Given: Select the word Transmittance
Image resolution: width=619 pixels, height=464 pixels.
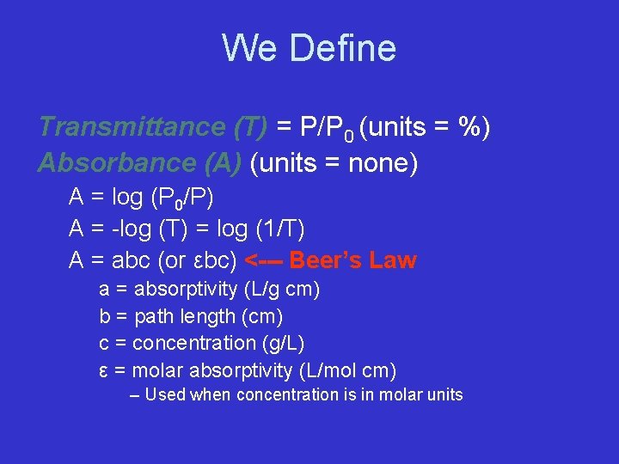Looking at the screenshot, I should coord(131,127).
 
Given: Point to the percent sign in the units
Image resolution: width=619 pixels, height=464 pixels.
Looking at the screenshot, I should coord(469,127).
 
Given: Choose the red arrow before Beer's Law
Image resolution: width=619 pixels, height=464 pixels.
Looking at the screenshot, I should coord(264,260).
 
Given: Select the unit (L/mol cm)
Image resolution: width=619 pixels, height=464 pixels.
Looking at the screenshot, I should coord(348,370).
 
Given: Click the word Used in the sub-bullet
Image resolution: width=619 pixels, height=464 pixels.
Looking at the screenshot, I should coord(165,395).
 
